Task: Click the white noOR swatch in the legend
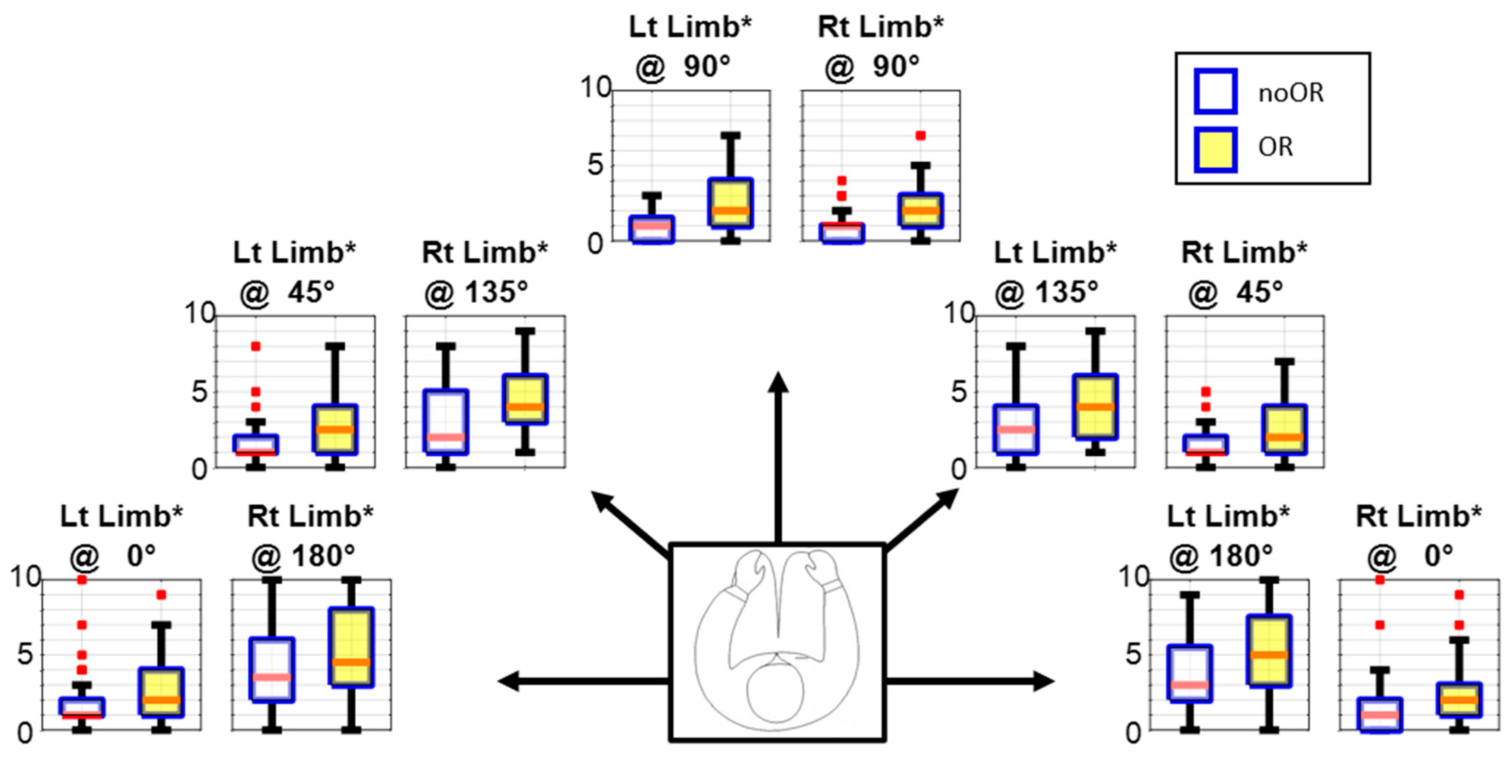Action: pos(1215,91)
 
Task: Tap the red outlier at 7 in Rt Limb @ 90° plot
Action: pos(920,135)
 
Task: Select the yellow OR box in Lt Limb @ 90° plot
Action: pos(730,202)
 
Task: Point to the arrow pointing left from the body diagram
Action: pos(580,681)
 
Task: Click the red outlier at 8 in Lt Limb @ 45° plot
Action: pos(256,346)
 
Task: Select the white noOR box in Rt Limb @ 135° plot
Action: pos(445,421)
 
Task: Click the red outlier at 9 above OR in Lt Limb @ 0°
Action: pos(161,595)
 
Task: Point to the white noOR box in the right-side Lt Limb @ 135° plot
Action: pos(1016,429)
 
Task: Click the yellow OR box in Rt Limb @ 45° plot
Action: pos(1284,429)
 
